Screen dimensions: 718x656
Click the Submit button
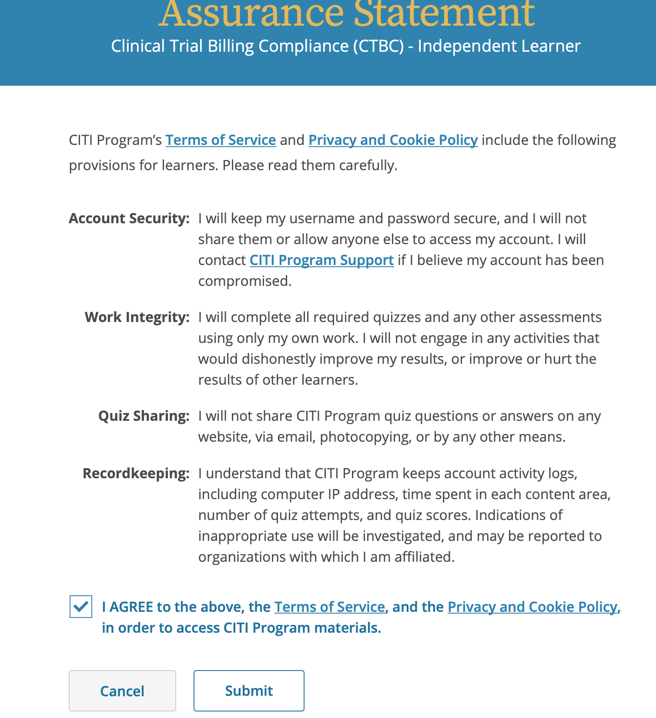pyautogui.click(x=249, y=691)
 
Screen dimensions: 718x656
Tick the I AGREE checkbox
pyautogui.click(x=81, y=607)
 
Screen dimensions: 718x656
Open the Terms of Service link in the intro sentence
pyautogui.click(x=221, y=140)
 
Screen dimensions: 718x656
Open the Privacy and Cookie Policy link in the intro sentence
pyautogui.click(x=393, y=140)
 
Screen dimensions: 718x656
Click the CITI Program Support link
pyautogui.click(x=321, y=260)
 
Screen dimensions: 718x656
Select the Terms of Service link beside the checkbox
pyautogui.click(x=329, y=607)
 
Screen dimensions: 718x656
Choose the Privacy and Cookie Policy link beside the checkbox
pyautogui.click(x=532, y=607)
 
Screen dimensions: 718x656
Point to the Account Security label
pyautogui.click(x=129, y=218)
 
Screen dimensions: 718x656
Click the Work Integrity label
pyautogui.click(x=137, y=317)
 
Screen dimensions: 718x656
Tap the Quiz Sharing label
pyautogui.click(x=144, y=416)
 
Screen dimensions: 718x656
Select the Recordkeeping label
pyautogui.click(x=136, y=473)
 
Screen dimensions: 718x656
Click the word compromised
pyautogui.click(x=244, y=281)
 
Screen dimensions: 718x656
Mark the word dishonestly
pyautogui.click(x=278, y=359)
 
